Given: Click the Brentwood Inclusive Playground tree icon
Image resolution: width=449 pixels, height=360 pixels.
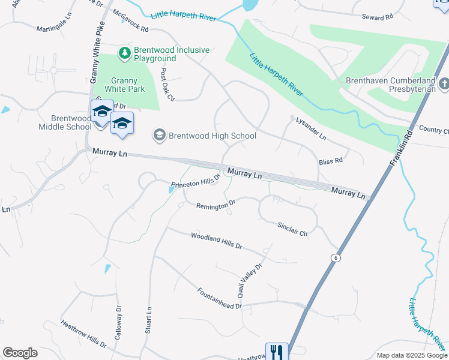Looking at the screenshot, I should point(125,53).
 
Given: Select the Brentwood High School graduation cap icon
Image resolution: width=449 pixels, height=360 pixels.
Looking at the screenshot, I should point(160,135).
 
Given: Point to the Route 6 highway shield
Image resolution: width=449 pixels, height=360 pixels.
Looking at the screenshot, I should point(336,257).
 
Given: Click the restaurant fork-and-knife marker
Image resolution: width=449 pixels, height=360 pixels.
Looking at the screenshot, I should point(277,352).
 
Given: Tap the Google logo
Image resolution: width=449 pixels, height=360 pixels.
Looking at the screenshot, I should point(20,353).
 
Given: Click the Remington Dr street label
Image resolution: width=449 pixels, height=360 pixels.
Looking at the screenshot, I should point(216,205).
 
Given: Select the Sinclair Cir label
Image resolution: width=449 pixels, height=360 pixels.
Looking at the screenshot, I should point(292,228).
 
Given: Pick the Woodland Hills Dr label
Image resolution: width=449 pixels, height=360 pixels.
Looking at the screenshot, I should point(216,241).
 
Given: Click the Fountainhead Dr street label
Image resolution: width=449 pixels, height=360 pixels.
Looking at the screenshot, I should point(219,298).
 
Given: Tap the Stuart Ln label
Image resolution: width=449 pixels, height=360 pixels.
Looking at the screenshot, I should point(148,321).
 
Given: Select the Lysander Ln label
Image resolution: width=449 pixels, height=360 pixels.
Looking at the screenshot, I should point(311,128).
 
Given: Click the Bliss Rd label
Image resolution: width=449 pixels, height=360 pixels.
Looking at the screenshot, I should point(330,161).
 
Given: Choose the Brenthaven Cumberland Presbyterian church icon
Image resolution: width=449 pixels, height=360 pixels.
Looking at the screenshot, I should point(444,83).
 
